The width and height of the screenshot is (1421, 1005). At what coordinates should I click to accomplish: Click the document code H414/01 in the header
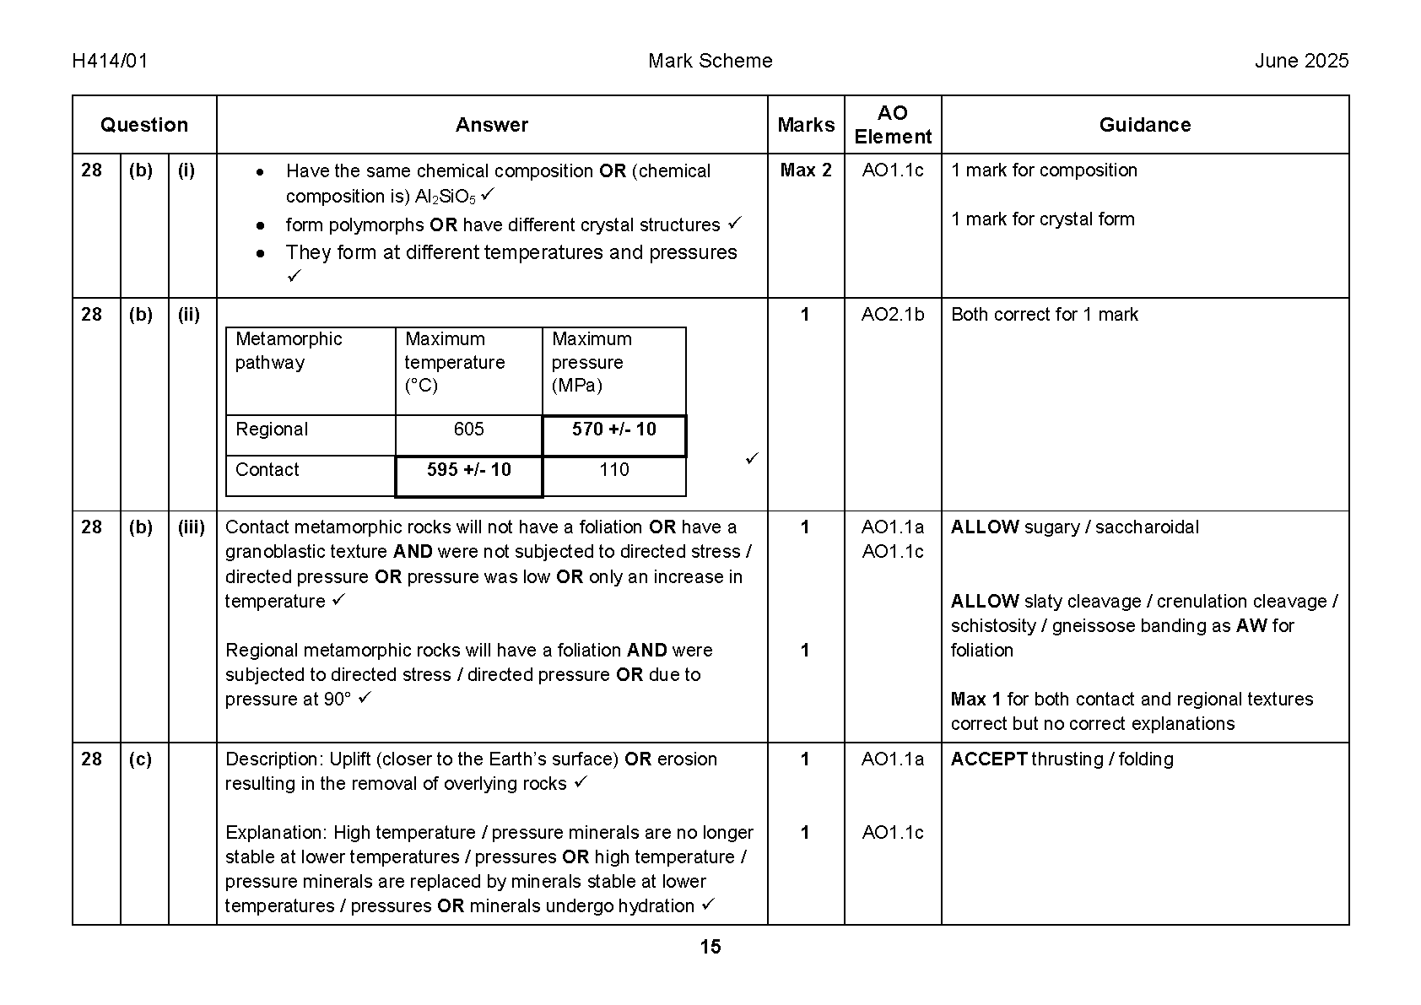point(110,61)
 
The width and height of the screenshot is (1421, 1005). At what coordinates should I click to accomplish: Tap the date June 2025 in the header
point(1301,61)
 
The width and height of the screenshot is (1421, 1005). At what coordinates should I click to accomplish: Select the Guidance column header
point(1144,125)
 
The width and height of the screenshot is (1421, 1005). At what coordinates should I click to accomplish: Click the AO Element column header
point(893,125)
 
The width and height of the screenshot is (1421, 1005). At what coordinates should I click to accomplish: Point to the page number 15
point(710,947)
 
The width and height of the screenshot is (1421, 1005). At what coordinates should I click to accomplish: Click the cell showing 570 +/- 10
point(613,430)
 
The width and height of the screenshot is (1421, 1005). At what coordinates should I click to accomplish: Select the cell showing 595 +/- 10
point(468,470)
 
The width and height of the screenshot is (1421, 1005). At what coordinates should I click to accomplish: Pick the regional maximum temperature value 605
point(468,430)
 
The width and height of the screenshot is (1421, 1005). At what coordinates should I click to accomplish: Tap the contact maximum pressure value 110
point(613,470)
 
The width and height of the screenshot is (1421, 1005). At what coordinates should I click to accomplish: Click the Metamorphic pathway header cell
point(289,351)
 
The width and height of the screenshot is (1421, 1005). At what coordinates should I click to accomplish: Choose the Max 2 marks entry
point(806,170)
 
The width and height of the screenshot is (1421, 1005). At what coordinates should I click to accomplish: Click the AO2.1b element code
point(893,315)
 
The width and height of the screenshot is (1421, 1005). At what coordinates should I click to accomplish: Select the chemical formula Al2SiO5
point(446,197)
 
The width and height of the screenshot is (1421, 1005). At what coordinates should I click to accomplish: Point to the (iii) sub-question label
point(192,527)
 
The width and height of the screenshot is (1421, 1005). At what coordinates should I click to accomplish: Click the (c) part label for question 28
point(141,759)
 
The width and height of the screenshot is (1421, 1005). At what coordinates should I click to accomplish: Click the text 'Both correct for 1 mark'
point(1045,315)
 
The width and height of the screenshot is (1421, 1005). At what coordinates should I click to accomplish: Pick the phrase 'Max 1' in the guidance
point(975,700)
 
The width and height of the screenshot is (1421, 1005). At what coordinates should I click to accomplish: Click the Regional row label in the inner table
point(272,430)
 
